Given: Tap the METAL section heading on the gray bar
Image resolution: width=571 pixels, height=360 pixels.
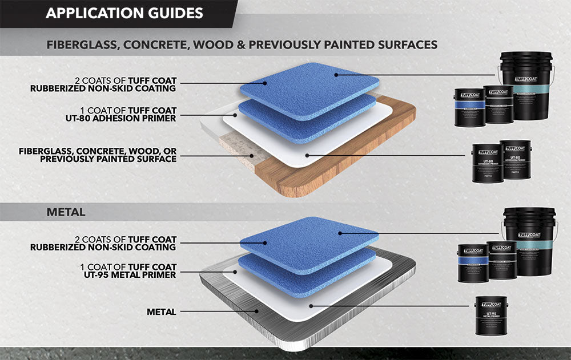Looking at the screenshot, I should [x=66, y=212].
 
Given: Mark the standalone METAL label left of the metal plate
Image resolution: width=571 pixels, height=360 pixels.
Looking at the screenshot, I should [x=161, y=312].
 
